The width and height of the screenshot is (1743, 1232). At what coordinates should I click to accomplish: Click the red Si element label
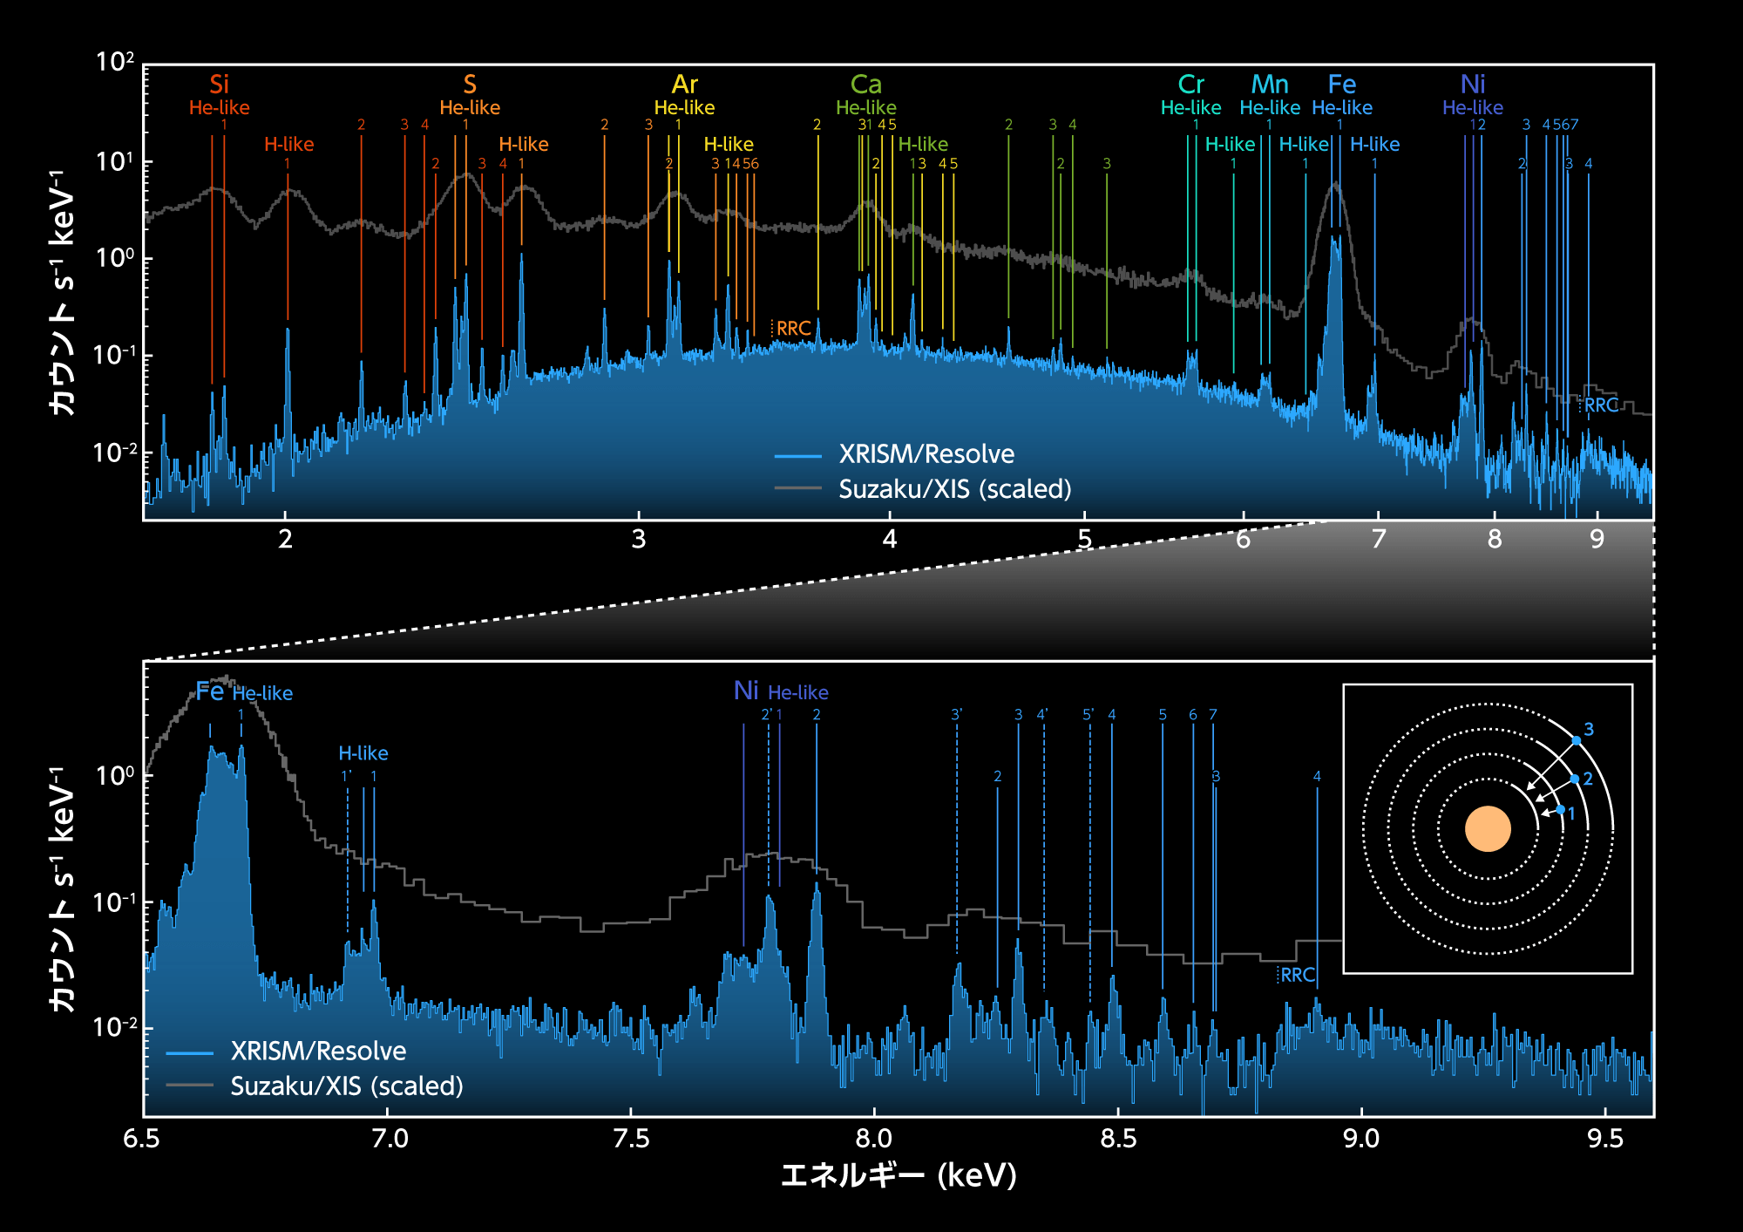[219, 85]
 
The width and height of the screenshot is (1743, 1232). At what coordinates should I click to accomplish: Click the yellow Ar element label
[684, 85]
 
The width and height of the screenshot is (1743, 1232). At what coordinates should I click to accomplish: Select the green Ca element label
[865, 85]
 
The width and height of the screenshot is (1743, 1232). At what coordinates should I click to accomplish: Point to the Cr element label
[1190, 85]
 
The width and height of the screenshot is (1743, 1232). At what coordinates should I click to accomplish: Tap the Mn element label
[1270, 85]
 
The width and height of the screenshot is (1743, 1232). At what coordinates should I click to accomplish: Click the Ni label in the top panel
[1473, 85]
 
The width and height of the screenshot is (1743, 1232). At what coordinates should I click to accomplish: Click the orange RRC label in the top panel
[793, 329]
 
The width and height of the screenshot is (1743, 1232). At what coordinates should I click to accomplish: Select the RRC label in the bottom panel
[1298, 975]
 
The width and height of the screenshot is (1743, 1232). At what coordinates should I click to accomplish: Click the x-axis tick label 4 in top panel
[889, 540]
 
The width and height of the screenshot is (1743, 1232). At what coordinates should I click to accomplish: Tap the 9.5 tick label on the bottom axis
[1605, 1139]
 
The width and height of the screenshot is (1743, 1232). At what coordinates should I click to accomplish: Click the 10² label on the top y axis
[115, 62]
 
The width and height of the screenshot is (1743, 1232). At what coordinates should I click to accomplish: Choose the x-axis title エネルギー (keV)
[899, 1175]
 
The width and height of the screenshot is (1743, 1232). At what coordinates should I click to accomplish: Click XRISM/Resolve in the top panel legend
[926, 454]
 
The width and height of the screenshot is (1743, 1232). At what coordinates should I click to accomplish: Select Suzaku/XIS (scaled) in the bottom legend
[347, 1086]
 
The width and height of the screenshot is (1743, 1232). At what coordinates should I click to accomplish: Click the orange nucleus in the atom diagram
[1488, 828]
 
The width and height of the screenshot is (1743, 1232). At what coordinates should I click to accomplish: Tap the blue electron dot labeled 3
[1576, 741]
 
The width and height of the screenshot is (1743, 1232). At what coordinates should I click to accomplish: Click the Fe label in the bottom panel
[210, 691]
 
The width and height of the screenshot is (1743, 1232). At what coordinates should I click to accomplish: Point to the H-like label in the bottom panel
[363, 753]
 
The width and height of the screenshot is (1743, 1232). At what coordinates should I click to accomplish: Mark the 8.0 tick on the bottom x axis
[873, 1139]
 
